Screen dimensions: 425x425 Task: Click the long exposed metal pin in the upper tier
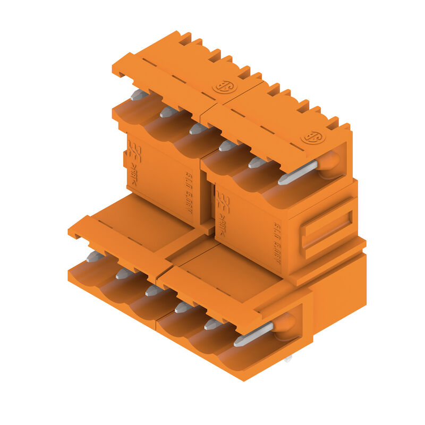[297, 173]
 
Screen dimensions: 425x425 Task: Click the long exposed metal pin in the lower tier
[253, 334]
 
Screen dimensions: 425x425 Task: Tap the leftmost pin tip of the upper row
[138, 95]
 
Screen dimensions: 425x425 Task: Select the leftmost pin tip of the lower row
[95, 257]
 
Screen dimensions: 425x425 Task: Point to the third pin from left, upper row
[198, 129]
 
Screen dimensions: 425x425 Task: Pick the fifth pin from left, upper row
[257, 162]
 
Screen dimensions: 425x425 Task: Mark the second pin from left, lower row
[124, 274]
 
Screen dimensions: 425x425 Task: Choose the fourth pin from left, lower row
[183, 307]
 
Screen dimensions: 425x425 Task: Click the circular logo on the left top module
[223, 86]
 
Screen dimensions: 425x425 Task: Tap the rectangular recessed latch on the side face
[326, 230]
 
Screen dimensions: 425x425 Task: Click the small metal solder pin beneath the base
[287, 359]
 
